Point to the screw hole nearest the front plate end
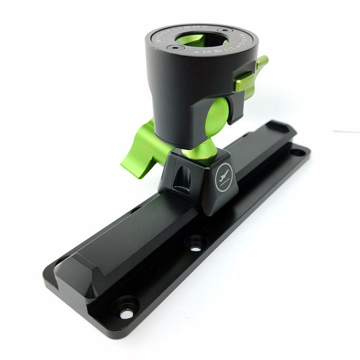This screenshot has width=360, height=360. (x=125, y=313)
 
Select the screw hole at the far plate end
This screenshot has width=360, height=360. (x=297, y=152)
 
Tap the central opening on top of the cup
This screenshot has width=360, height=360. (x=201, y=41)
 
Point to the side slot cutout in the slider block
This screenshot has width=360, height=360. (x=182, y=178)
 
